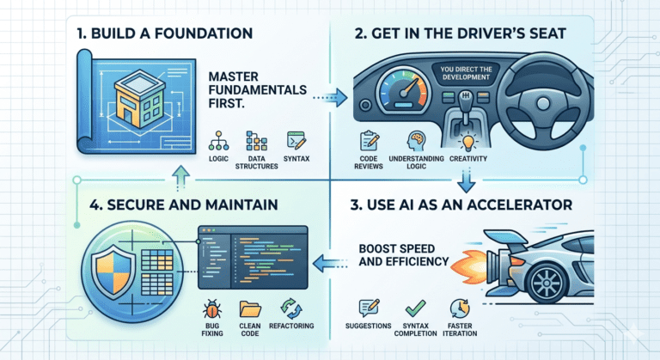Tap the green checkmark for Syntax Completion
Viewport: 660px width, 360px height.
click(415, 307)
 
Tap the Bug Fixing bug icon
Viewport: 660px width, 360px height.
click(211, 308)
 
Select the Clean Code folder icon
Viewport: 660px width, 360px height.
click(251, 308)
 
